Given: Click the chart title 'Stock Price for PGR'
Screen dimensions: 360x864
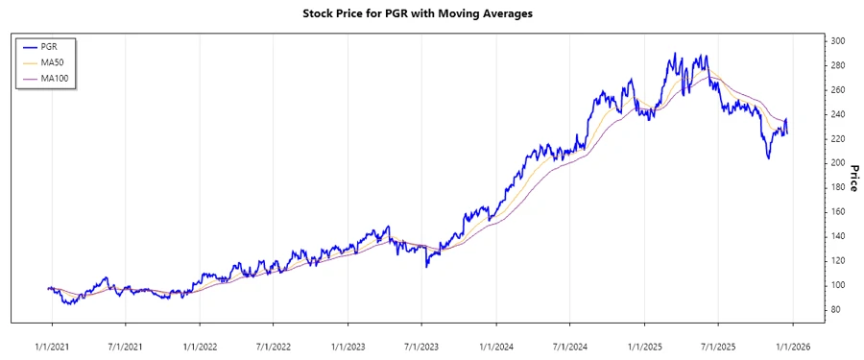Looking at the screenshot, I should point(431,13).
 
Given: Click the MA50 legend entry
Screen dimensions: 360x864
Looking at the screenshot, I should point(65,62).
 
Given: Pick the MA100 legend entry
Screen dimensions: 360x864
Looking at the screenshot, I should point(67,78).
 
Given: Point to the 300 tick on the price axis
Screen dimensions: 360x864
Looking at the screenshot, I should point(839,41).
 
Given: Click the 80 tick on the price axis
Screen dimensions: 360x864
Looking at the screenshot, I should point(836,310).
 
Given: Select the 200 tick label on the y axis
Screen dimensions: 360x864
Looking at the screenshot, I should point(839,163).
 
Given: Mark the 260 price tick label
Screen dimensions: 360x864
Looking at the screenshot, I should point(839,90).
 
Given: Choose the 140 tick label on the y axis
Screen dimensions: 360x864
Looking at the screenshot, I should point(839,237).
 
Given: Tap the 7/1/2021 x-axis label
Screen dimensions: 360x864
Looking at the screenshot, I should point(125,344).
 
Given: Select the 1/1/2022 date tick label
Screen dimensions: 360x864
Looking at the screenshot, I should point(199,344).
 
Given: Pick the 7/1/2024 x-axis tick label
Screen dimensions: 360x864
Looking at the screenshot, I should point(569,344).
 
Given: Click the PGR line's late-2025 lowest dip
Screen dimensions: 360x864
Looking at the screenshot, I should point(768,157).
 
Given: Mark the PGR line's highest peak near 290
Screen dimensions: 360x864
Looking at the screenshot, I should point(674,54).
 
